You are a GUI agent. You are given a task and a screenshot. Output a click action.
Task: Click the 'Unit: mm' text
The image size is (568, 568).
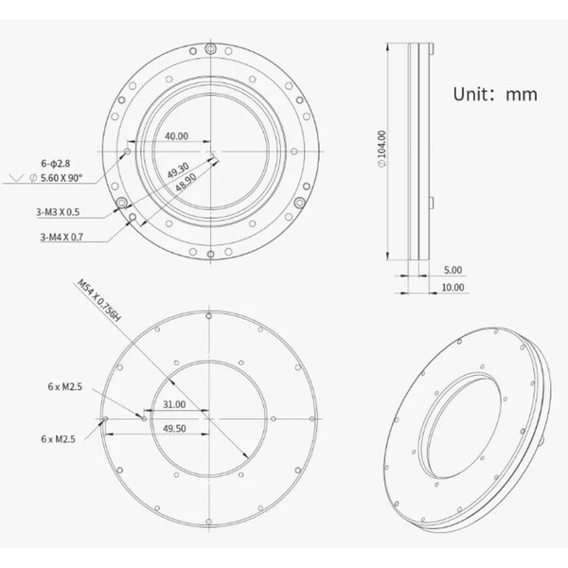coord(495,94)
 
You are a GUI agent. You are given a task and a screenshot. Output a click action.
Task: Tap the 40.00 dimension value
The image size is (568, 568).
coord(176,136)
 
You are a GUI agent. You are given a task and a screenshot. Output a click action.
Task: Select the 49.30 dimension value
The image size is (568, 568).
coord(178,170)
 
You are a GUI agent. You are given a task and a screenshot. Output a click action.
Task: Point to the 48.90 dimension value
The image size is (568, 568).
coord(186,182)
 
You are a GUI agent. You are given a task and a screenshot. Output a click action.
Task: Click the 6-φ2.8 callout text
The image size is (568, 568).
coord(56,164)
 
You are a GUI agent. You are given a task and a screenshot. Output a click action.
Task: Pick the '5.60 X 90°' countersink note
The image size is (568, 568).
coord(62,178)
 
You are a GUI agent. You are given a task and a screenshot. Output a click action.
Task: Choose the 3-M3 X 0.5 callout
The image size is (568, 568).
coord(58,212)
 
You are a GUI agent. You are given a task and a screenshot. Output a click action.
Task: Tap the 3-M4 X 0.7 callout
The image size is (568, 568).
coord(62,238)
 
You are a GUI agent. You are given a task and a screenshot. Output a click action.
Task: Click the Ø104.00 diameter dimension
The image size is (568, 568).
coord(382,149)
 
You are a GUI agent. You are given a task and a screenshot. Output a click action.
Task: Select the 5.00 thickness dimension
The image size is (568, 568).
coord(453,270)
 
